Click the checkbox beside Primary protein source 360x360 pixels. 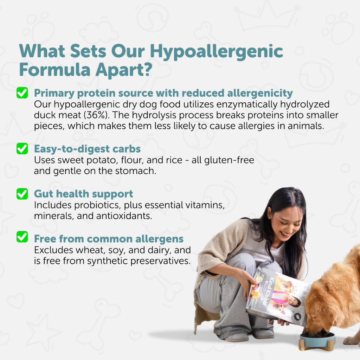[22, 93]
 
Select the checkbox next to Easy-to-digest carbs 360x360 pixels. [22, 149]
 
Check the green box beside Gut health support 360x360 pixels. [22, 194]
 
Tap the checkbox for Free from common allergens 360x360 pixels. [22, 237]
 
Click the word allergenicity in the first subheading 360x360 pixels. [260, 93]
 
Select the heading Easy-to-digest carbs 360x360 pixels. [87, 149]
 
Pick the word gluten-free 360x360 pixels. [229, 160]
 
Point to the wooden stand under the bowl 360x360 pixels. [316, 346]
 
